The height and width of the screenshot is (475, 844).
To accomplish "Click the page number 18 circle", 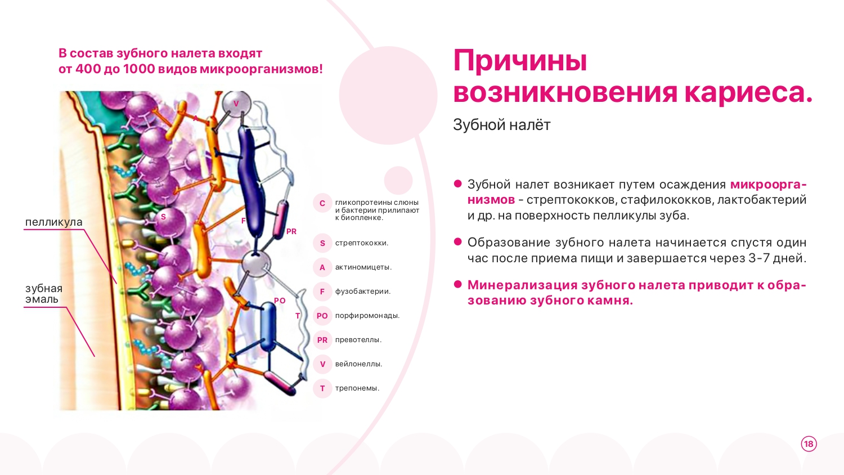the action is click(x=809, y=443).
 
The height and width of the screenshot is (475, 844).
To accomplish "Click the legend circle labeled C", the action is click(x=322, y=204).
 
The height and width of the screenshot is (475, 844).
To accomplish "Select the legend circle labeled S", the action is click(x=322, y=243).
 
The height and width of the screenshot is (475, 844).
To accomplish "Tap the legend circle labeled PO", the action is click(x=322, y=316).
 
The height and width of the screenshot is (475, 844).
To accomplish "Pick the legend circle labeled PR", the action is click(x=322, y=340).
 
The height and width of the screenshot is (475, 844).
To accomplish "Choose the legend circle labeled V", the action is click(x=322, y=364).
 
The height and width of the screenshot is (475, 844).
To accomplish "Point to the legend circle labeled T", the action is click(x=322, y=388).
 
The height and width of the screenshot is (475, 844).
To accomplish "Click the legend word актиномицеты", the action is click(x=363, y=267).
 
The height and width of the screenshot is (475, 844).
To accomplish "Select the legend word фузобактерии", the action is click(x=362, y=292).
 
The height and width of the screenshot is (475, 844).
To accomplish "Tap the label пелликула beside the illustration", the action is click(x=54, y=222).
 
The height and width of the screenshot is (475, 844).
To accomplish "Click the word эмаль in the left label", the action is click(x=42, y=299).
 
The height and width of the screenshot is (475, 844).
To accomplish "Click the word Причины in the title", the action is click(x=520, y=61).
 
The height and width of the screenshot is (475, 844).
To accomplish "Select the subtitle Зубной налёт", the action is click(x=501, y=125).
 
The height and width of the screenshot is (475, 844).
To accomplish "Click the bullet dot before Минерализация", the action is click(x=458, y=284).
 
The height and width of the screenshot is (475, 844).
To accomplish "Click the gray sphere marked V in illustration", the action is click(x=236, y=104).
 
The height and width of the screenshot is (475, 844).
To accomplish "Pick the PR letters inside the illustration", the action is click(x=291, y=231).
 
